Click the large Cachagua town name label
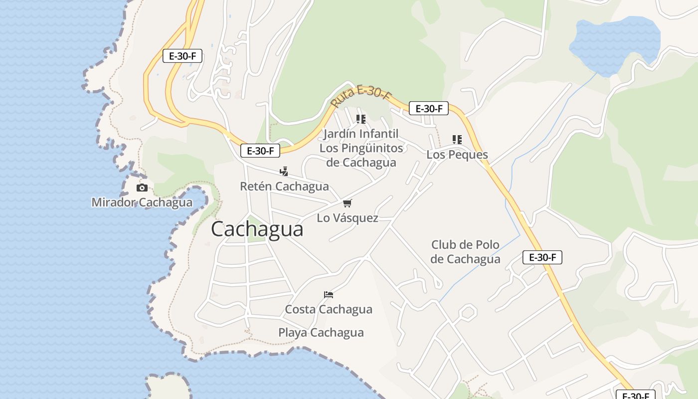pos(257,229)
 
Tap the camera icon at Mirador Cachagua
pos(142,188)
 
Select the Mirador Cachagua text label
pos(142,202)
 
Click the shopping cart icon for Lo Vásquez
pos(348,203)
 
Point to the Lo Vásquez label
pos(348,218)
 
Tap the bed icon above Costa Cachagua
pos(329,294)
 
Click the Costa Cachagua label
pos(329,309)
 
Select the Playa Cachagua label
pos(321,333)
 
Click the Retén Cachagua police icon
pos(284,172)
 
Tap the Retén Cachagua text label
pos(284,187)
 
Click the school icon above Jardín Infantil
pos(361,119)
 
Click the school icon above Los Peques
pos(457,140)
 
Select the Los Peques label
pos(457,155)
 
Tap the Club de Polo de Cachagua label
pos(465,252)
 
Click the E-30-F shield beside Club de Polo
pos(542,257)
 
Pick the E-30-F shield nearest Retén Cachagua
pos(260,151)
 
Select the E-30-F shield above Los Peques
pos(429,108)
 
